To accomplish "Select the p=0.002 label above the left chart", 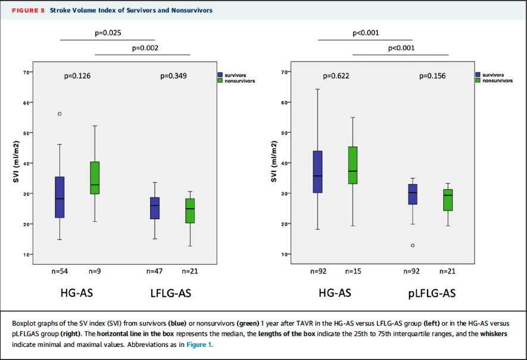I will pos(145,48).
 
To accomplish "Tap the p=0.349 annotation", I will pos(173,76).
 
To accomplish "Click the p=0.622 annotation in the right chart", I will pos(336,76).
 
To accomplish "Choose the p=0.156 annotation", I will pos(432,76).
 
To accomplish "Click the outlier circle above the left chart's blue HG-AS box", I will pos(60,114).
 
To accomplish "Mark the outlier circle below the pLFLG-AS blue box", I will pos(412,245).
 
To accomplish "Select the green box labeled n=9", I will pos(95,177).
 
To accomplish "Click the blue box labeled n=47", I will pos(155,208).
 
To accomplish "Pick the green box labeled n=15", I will pos(352,165).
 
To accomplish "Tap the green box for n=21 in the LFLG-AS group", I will pos(190,211).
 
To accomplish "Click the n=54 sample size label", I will pos(60,271).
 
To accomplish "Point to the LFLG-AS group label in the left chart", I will pos(171,293).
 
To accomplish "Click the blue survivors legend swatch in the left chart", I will pos(220,76).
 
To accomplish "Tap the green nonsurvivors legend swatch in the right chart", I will pos(478,80).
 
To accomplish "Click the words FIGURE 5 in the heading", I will pos(29,10).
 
